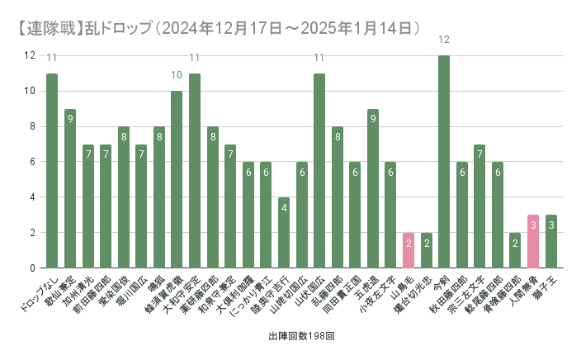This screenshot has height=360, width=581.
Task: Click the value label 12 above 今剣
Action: tap(444, 40)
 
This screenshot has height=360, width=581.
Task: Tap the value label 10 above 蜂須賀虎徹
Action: tap(177, 75)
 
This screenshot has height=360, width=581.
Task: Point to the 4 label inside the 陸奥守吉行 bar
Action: tap(284, 207)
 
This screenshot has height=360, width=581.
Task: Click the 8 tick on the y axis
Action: tap(30, 126)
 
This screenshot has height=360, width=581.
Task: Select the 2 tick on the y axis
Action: tap(30, 233)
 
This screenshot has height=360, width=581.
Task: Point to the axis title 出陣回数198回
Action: tap(300, 338)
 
